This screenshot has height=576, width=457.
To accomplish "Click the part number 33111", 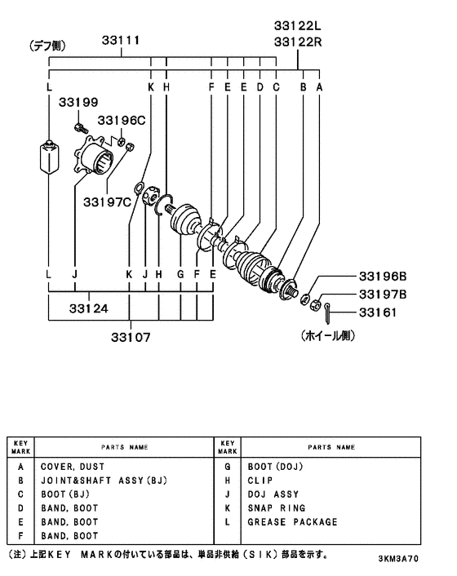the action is [x=121, y=40].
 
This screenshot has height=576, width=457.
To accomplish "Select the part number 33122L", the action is [x=297, y=25].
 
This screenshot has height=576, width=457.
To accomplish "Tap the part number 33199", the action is [x=78, y=102].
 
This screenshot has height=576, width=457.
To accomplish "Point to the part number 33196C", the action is [x=122, y=120].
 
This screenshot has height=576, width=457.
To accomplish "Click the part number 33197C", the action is [x=107, y=202].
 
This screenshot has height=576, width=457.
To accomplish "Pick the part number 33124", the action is [x=88, y=308].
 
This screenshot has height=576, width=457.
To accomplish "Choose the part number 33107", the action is [x=131, y=337].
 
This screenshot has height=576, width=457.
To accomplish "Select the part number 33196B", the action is [x=383, y=276].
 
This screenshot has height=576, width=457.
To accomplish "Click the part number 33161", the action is [x=378, y=312].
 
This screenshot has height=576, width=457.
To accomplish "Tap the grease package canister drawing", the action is [x=49, y=156].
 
